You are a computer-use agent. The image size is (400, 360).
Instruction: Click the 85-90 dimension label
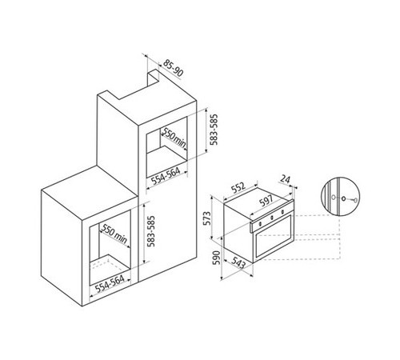coord(174,68)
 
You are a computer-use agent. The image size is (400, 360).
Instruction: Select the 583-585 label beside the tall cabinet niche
coord(214,130)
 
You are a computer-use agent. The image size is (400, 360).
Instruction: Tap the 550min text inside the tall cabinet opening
coord(174,138)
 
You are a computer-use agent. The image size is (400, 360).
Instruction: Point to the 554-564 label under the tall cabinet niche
coord(166,176)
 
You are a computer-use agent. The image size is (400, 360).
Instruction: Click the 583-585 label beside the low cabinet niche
coord(150,231)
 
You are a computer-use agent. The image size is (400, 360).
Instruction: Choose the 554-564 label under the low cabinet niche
coord(110,284)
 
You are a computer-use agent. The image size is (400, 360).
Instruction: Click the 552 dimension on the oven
coord(238,188)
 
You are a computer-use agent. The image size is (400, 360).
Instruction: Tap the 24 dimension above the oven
coord(285,179)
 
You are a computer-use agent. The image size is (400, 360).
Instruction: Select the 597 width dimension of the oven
coord(266,201)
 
